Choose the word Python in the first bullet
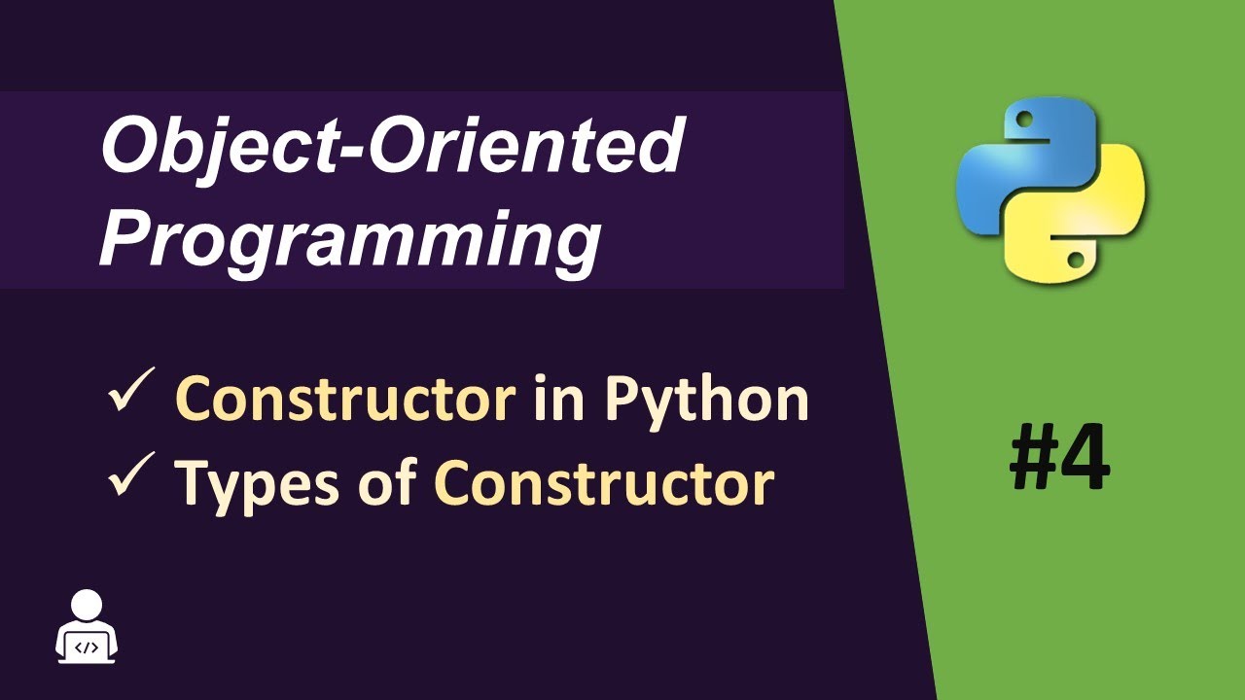(x=706, y=401)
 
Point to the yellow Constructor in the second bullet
(x=604, y=483)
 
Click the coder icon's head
(x=88, y=606)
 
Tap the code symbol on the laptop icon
(x=88, y=646)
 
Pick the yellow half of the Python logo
(x=1089, y=224)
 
